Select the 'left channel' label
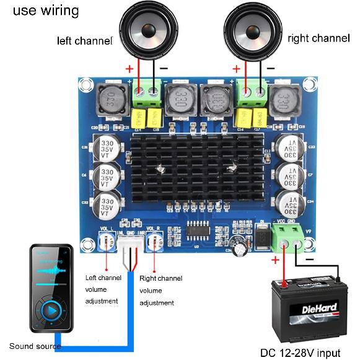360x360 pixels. click(85, 41)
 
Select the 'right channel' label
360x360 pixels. click(318, 38)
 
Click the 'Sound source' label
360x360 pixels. click(30, 346)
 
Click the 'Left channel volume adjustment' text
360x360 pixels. click(103, 290)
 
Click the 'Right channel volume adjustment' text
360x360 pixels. click(160, 291)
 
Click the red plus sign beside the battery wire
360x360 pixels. click(275, 261)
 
